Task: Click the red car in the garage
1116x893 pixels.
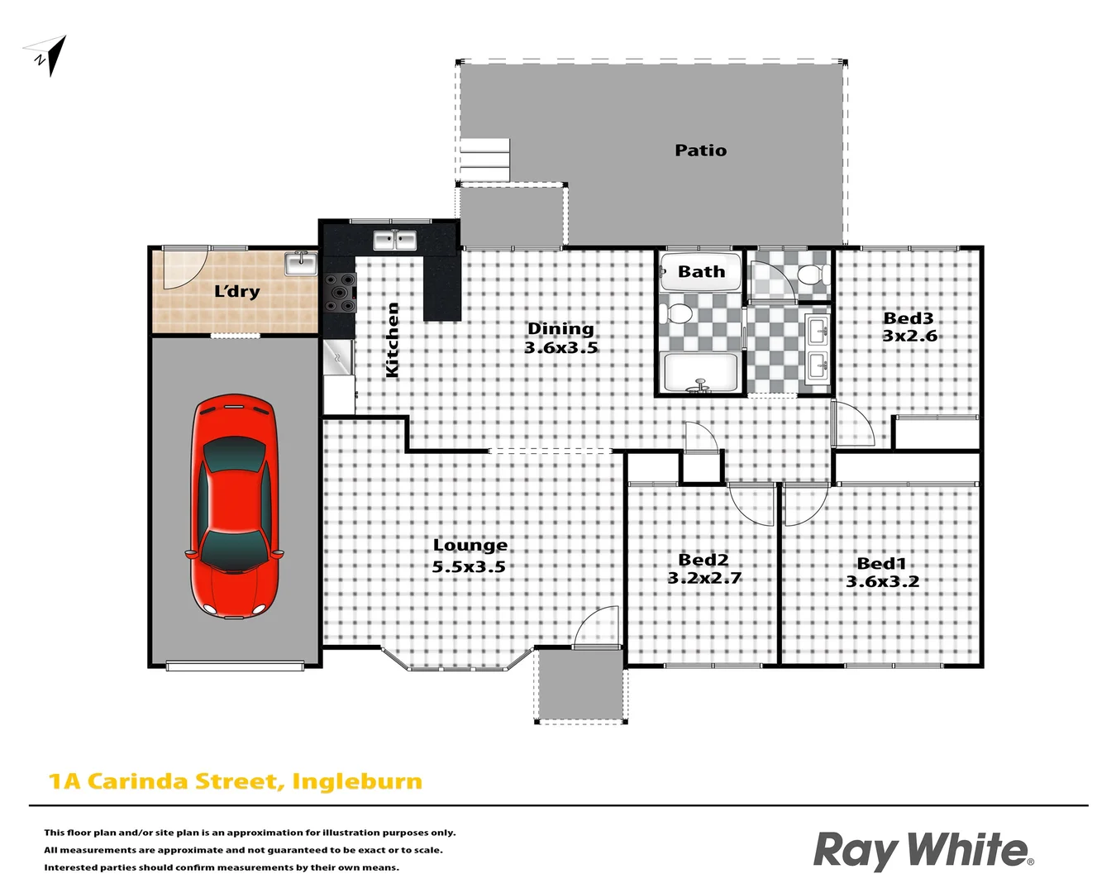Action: pos(236,506)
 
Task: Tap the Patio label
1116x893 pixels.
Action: pos(700,150)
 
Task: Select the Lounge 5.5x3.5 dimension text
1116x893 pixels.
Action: pos(469,567)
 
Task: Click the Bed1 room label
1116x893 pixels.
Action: pos(881,564)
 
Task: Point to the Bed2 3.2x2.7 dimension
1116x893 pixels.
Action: pos(704,579)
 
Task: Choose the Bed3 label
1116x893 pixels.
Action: pos(908,318)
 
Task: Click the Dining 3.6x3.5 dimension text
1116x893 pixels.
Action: pos(560,348)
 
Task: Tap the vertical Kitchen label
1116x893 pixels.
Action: pos(393,340)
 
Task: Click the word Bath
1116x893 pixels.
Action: pos(701,271)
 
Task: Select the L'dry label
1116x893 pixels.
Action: pos(237,291)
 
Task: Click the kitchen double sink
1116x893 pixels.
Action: pos(394,241)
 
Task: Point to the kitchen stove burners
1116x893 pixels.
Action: pos(340,293)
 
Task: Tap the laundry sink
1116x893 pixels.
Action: pos(301,264)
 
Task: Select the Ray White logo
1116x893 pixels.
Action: pos(923,851)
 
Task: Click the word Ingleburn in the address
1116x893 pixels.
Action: pos(357,781)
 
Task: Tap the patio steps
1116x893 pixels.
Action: pos(484,159)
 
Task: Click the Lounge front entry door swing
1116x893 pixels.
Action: pos(597,627)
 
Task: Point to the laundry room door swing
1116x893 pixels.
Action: pos(182,267)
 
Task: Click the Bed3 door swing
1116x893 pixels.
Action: pos(853,424)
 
